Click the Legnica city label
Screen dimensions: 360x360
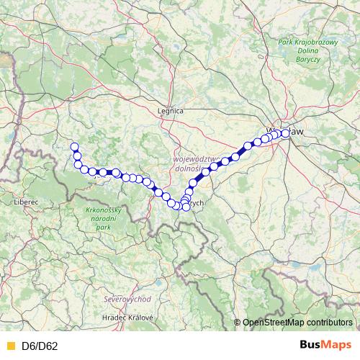coord(171,111)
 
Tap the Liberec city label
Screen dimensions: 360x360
coord(25,202)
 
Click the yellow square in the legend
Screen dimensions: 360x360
coord(9,346)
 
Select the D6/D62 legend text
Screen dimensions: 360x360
coord(40,346)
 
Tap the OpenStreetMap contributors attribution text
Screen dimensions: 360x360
coord(297,323)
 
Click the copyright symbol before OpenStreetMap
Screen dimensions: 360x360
coord(237,323)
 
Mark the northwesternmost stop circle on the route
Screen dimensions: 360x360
coord(74,147)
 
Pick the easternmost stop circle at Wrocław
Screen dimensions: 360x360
coord(286,132)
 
